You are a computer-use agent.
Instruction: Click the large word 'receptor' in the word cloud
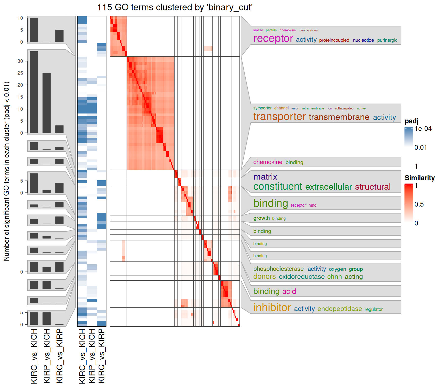[x=273, y=39]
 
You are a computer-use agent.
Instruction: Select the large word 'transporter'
[x=279, y=117]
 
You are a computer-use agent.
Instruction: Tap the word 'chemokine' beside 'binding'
[x=268, y=162]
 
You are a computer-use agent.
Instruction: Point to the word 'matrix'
[x=265, y=177]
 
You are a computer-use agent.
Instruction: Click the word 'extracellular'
[x=328, y=187]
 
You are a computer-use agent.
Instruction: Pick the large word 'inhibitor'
[x=272, y=307]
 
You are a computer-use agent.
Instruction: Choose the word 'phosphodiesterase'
[x=278, y=269]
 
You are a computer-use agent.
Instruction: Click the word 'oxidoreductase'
[x=302, y=277]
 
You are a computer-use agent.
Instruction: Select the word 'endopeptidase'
[x=339, y=309]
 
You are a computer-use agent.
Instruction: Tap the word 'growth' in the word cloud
[x=261, y=218]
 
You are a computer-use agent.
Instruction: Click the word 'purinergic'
[x=387, y=40]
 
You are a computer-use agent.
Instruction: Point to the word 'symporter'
[x=262, y=108]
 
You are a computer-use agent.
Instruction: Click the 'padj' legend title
[x=411, y=121]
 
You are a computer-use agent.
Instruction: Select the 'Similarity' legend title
[x=419, y=178]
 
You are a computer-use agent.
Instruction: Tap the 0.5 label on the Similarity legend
[x=419, y=204]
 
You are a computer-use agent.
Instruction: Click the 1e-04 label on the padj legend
[x=423, y=129]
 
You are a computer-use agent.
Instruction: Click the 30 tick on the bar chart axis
[x=20, y=61]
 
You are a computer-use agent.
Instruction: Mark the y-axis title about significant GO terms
[x=7, y=171]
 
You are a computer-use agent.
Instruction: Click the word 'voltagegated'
[x=344, y=108]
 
